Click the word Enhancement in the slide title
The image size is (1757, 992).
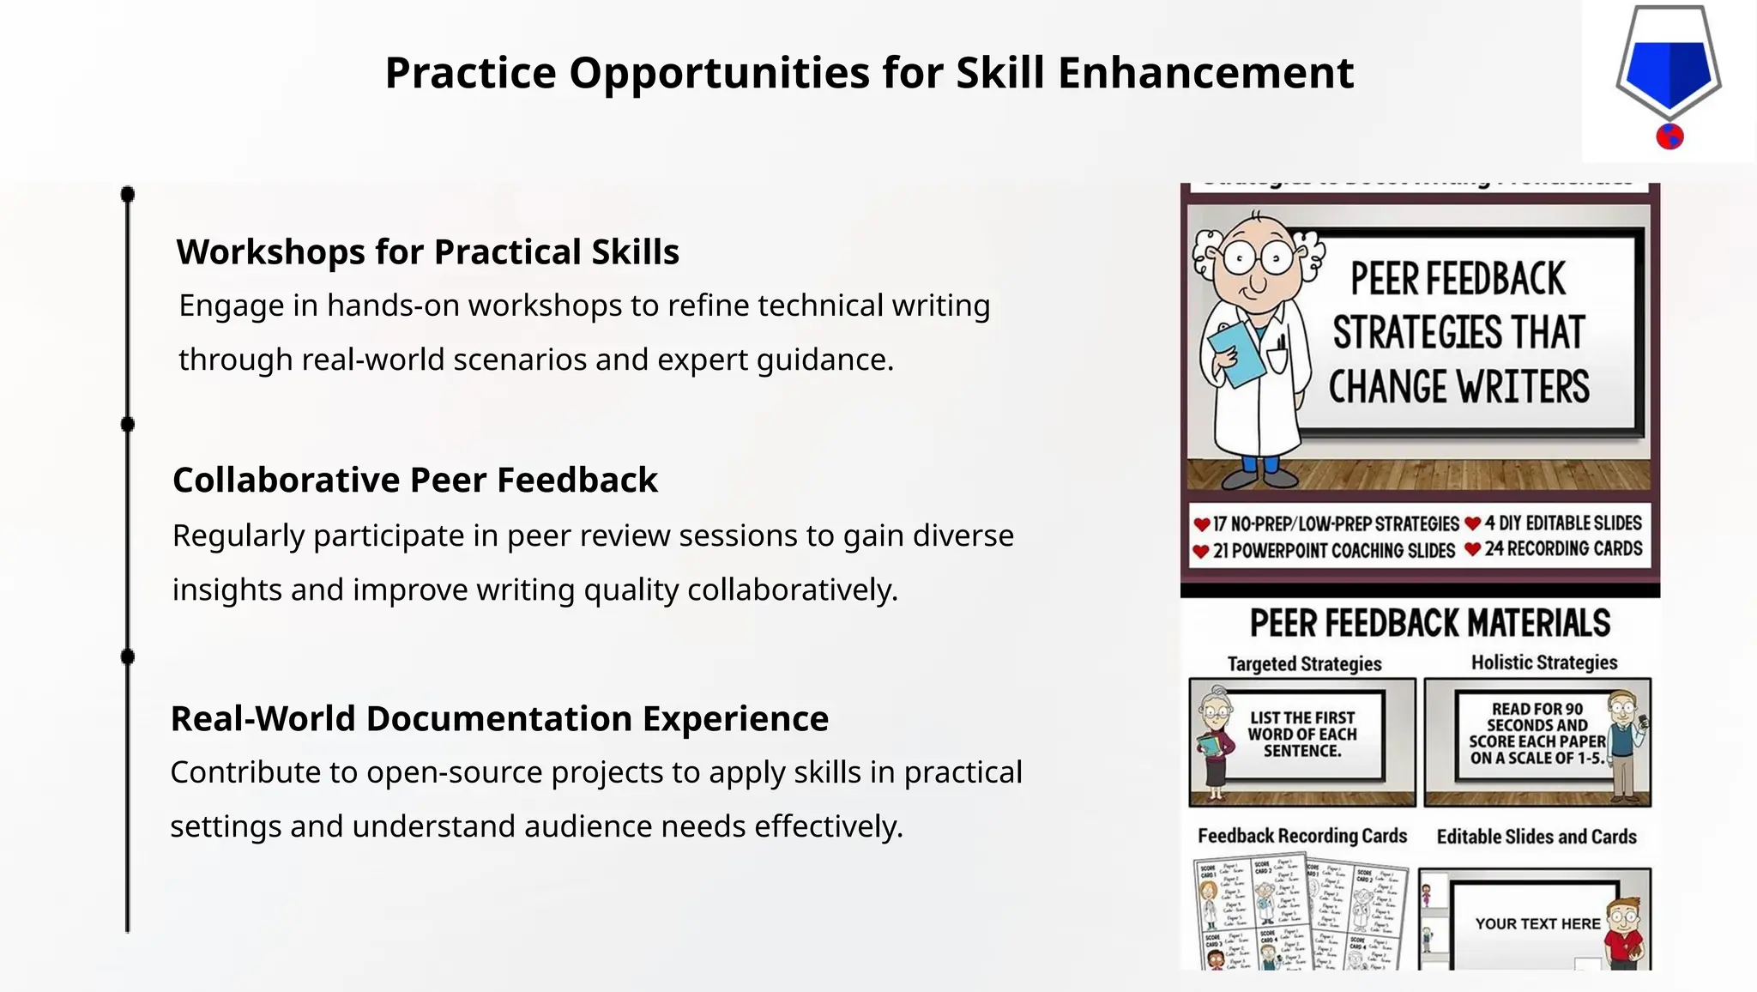click(1205, 73)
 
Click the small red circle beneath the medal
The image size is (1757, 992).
click(1669, 136)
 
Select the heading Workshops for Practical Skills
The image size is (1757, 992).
click(427, 252)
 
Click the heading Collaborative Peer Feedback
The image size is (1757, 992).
click(414, 480)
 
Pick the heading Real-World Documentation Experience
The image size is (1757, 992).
click(499, 718)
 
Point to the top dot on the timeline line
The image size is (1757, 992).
click(128, 195)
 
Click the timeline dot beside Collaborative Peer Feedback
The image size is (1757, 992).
click(128, 424)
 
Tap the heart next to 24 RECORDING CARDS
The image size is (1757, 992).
click(1473, 549)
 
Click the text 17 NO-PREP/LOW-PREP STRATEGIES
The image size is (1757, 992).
click(1336, 523)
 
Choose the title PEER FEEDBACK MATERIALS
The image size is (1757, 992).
click(1429, 624)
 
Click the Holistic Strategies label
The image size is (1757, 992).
click(1544, 662)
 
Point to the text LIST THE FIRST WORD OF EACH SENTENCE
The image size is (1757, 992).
click(1301, 734)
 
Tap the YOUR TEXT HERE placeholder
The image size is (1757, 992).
click(1537, 924)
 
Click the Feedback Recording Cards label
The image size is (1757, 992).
click(1301, 836)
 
